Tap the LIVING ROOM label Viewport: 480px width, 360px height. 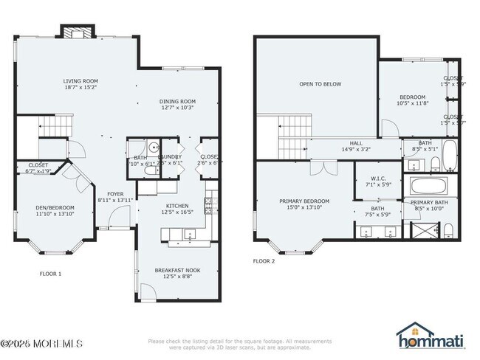pos(80,81)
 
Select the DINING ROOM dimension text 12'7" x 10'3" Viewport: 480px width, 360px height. pos(177,108)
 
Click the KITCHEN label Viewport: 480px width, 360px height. pos(177,206)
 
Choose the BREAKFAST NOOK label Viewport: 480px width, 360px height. pos(177,270)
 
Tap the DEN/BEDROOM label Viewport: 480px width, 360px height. pos(55,208)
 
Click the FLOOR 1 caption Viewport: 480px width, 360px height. pos(50,274)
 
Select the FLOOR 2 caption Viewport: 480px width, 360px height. pos(264,261)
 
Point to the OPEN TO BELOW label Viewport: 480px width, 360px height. pos(320,84)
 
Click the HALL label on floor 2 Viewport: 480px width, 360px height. pos(356,143)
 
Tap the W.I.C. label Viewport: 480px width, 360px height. pos(378,177)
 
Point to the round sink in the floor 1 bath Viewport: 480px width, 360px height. pos(156,147)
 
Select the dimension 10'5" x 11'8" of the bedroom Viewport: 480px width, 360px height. pos(413,104)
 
